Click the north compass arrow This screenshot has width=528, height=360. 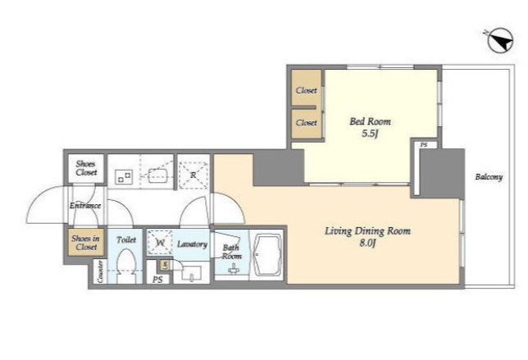(500, 40)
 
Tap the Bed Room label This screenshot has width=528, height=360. (370, 121)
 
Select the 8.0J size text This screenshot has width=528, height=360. (367, 243)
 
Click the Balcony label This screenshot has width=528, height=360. (489, 177)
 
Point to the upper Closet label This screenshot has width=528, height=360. (307, 90)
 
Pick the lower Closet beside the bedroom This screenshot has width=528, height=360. (306, 124)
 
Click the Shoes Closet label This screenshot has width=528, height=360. (86, 168)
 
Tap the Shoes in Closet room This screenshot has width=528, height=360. (85, 242)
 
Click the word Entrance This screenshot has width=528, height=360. (85, 206)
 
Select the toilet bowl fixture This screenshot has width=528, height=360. (126, 266)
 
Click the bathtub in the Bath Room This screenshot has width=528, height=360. (268, 255)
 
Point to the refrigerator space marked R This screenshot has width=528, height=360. (193, 175)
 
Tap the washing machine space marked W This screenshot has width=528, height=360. (160, 242)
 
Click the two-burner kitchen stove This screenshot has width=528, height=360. (124, 176)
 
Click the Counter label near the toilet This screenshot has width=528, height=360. (100, 271)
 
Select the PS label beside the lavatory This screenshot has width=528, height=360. (157, 280)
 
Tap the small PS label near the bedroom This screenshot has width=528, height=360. (424, 145)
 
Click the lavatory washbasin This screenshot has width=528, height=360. (192, 273)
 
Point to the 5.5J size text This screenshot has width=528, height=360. (370, 134)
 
